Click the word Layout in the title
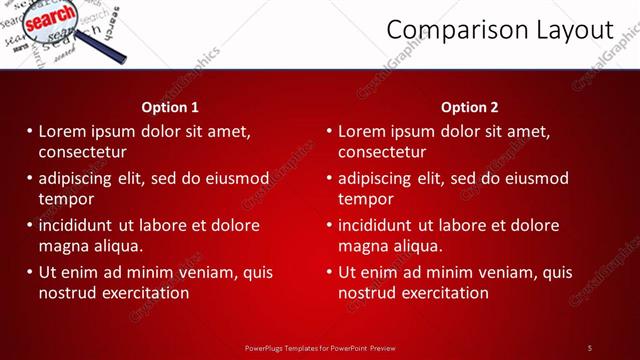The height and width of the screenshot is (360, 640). point(571,30)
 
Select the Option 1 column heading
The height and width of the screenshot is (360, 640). point(169,107)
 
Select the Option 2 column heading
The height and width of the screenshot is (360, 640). point(469,107)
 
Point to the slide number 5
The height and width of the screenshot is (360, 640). point(590,348)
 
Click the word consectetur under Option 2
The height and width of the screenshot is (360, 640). point(382,152)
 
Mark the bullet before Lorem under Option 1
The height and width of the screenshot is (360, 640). point(29,131)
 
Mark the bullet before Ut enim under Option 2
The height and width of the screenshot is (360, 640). point(329,272)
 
